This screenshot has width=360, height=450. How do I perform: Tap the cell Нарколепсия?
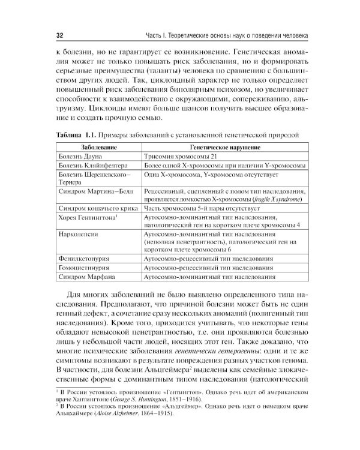tap(79, 233)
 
